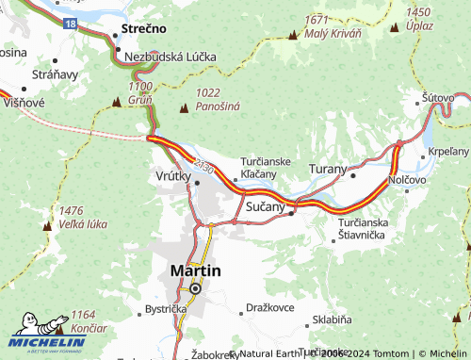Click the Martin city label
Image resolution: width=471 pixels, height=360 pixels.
coord(195,270)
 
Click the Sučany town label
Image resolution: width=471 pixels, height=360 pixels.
coord(265,204)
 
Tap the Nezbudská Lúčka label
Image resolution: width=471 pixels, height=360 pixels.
coord(171,57)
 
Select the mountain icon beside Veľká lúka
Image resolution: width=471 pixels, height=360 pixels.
coord(47,226)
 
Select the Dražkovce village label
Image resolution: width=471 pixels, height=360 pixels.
coord(270,308)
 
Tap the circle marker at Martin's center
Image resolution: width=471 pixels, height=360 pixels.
coord(195,288)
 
